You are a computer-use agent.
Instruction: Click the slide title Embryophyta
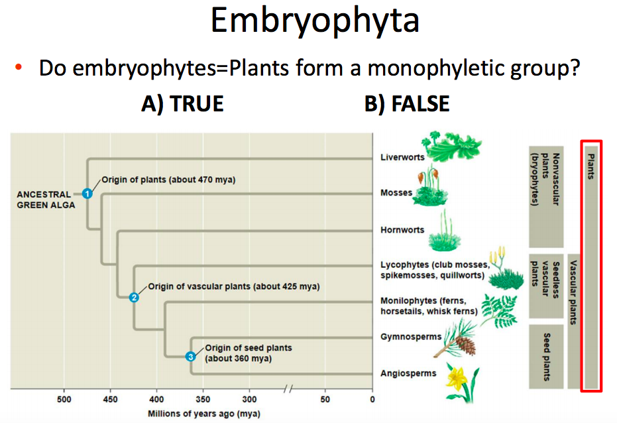coord(315,21)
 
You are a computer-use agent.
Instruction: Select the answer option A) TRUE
coord(182,103)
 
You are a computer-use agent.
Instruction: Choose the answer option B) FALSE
coord(407,103)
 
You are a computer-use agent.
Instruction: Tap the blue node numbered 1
coord(87,194)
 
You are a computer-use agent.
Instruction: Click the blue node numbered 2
coord(134,297)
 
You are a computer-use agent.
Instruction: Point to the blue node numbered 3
coord(191,357)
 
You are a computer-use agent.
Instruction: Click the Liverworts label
coord(402,158)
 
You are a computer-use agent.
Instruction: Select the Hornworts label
coord(402,231)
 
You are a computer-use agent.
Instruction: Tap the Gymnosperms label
coord(411,337)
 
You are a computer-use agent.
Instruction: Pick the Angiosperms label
coord(408,373)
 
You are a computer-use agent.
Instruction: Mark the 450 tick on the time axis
coord(110,400)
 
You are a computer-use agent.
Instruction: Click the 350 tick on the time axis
coord(203,400)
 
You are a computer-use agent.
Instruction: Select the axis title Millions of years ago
coord(203,414)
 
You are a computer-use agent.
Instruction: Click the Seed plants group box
coord(545,356)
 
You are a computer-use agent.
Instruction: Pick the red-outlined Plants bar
coord(590,265)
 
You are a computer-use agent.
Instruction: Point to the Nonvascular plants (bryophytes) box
coord(545,196)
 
